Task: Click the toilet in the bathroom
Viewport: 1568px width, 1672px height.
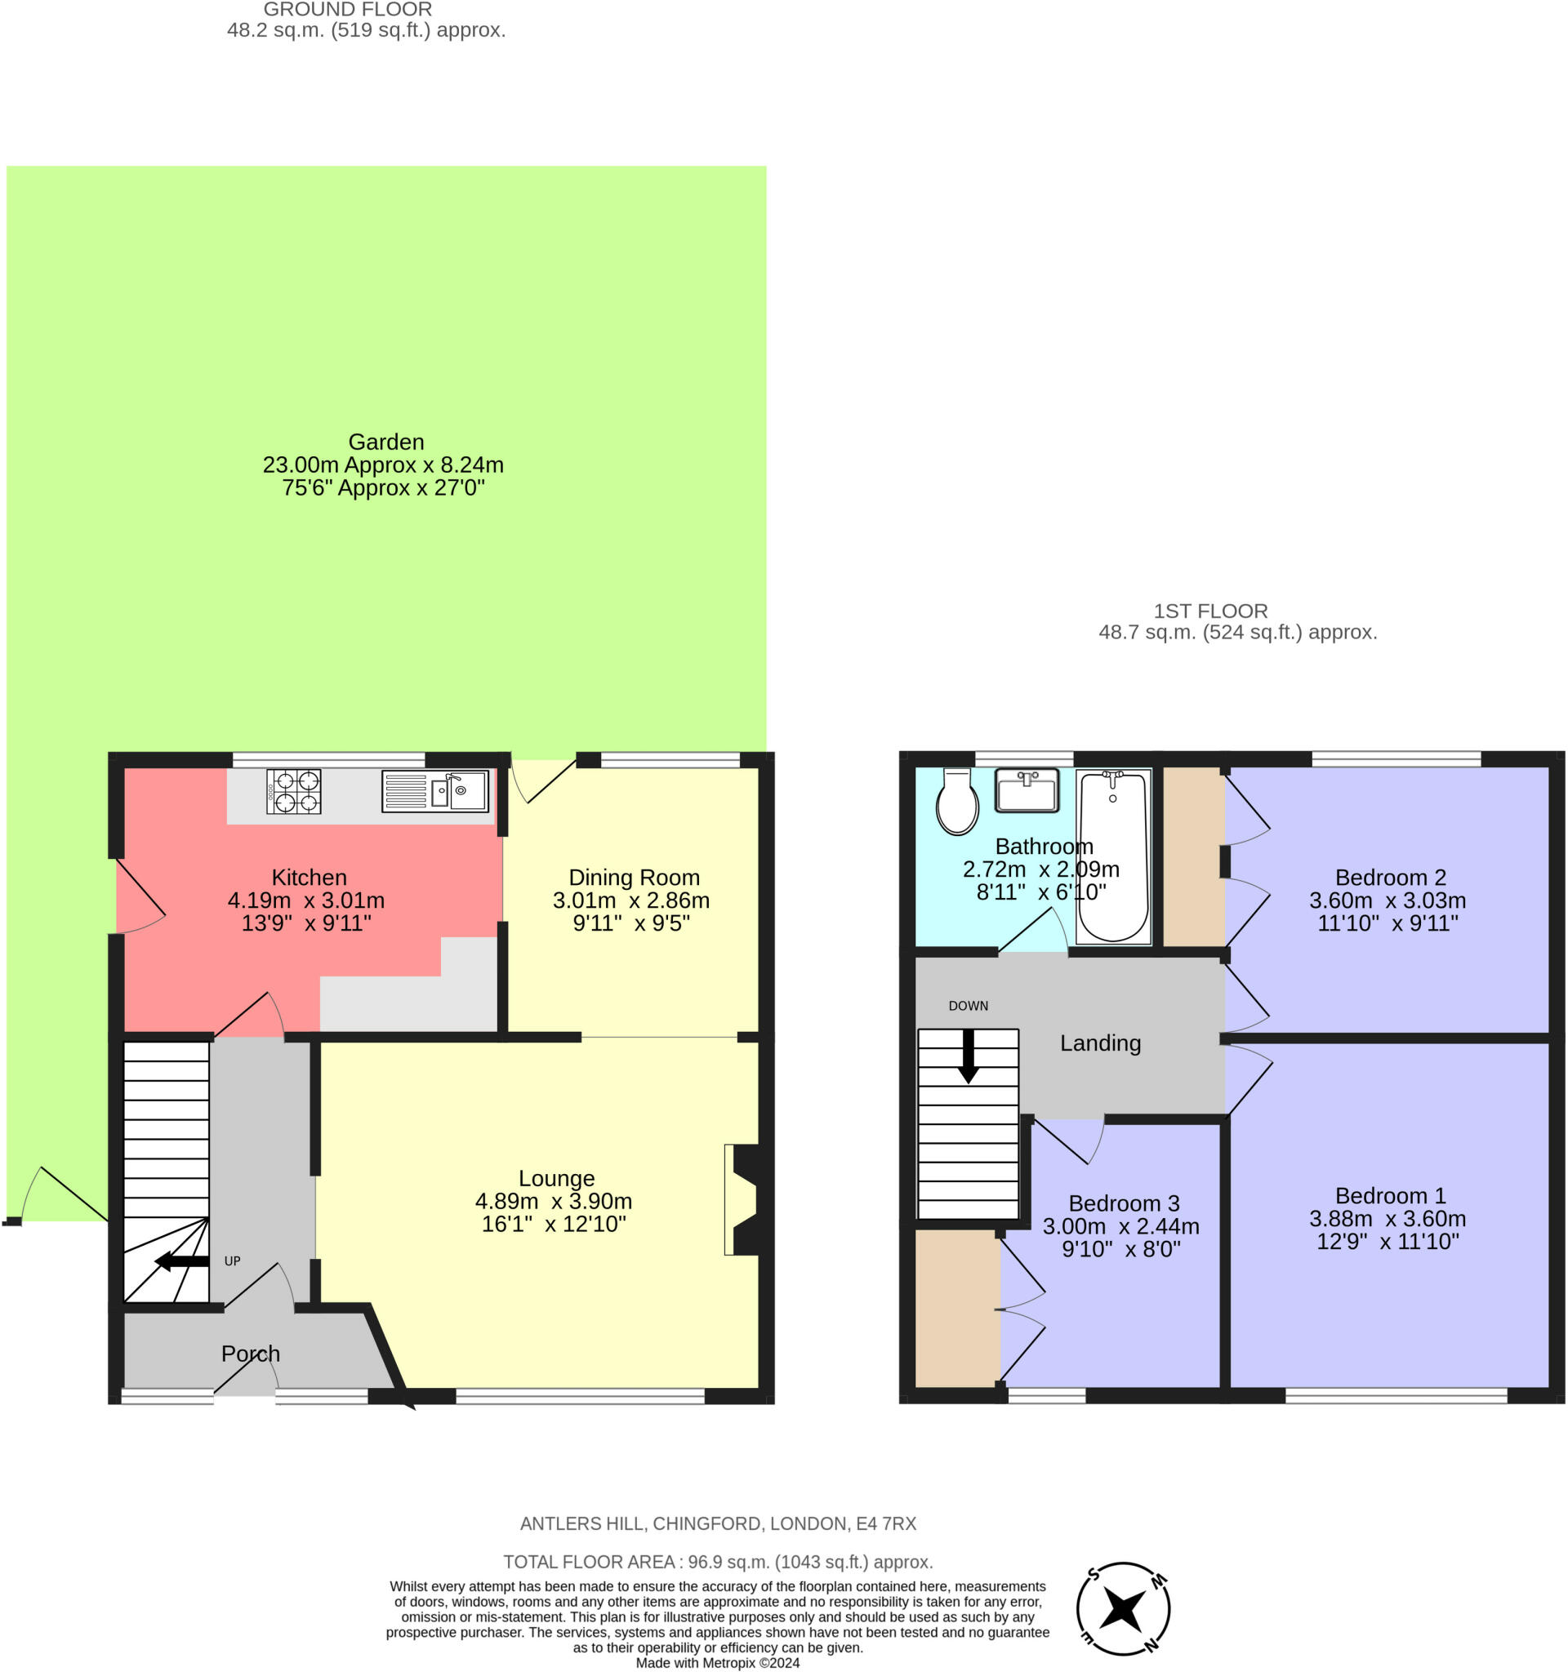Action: coord(957,801)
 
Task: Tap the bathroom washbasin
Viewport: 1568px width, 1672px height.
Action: coord(1027,789)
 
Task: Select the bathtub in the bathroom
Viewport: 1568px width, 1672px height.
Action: coord(1113,856)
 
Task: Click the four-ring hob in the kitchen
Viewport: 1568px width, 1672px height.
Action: coord(293,791)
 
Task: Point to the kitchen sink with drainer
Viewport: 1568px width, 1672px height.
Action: coord(435,790)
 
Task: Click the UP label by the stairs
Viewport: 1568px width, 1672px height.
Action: coord(232,1261)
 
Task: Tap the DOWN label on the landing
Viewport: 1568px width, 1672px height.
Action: coord(969,1006)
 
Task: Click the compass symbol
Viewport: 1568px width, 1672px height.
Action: coord(1123,1609)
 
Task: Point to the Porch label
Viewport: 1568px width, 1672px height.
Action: coord(251,1354)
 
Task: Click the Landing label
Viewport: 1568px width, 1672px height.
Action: coord(1100,1043)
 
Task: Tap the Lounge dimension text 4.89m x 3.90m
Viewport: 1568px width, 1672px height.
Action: coord(554,1201)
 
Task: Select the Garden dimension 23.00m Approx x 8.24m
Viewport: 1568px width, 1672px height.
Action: coord(384,465)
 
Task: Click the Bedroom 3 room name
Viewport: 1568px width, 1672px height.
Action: coord(1124,1203)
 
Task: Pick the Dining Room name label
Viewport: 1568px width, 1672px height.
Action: coord(635,877)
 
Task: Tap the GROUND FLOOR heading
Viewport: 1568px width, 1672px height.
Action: coord(348,9)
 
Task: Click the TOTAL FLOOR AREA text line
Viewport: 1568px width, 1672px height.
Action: coord(719,1562)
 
